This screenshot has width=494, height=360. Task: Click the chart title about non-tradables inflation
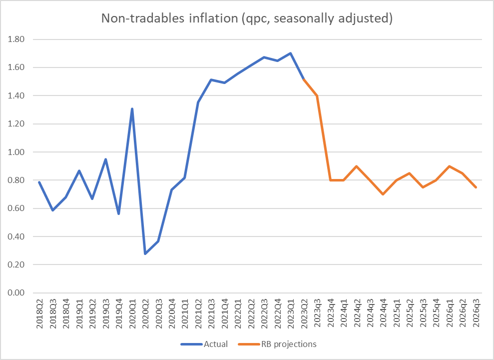(247, 18)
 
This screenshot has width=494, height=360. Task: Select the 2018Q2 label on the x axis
(39, 313)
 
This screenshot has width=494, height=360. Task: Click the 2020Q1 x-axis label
(132, 313)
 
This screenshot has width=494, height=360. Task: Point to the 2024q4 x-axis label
(383, 313)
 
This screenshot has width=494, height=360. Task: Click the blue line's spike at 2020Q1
(132, 108)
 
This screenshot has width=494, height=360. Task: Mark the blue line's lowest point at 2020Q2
(145, 253)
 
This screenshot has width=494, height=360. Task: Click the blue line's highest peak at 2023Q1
(291, 53)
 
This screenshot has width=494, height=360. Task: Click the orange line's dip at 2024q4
(383, 194)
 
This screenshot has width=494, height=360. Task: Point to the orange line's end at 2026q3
(476, 187)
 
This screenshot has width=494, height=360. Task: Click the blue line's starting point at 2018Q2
(39, 182)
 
